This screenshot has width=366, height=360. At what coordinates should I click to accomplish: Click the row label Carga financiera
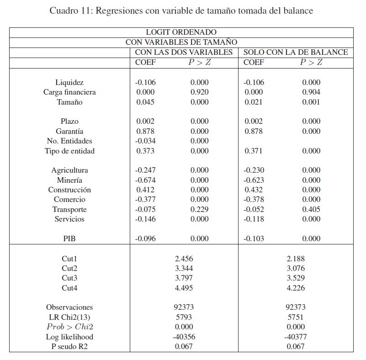(x=69, y=92)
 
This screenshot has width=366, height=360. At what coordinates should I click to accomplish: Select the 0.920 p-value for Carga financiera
(x=199, y=92)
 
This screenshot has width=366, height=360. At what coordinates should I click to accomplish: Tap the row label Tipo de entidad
(x=69, y=151)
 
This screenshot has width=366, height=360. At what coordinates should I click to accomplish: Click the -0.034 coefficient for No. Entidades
(x=145, y=141)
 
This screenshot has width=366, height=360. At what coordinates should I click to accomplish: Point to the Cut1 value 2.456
(x=184, y=259)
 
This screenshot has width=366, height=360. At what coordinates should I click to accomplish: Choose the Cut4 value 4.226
(x=296, y=288)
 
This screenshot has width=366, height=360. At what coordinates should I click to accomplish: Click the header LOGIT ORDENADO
(x=181, y=32)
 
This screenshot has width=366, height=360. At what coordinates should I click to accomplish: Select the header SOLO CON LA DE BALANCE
(x=296, y=52)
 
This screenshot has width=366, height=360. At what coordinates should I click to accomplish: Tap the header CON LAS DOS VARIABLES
(x=184, y=52)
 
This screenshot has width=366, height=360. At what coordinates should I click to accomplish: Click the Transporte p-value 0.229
(x=199, y=210)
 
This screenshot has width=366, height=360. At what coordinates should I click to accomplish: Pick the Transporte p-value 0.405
(x=311, y=210)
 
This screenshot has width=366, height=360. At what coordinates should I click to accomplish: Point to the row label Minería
(x=69, y=180)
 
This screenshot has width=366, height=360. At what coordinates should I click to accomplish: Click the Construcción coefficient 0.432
(x=254, y=190)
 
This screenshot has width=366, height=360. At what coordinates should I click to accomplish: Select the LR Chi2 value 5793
(x=184, y=317)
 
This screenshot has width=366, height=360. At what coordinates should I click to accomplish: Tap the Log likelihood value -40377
(x=296, y=337)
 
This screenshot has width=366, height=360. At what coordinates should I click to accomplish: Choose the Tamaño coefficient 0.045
(x=145, y=102)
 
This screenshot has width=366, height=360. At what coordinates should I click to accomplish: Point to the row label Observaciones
(x=69, y=307)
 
